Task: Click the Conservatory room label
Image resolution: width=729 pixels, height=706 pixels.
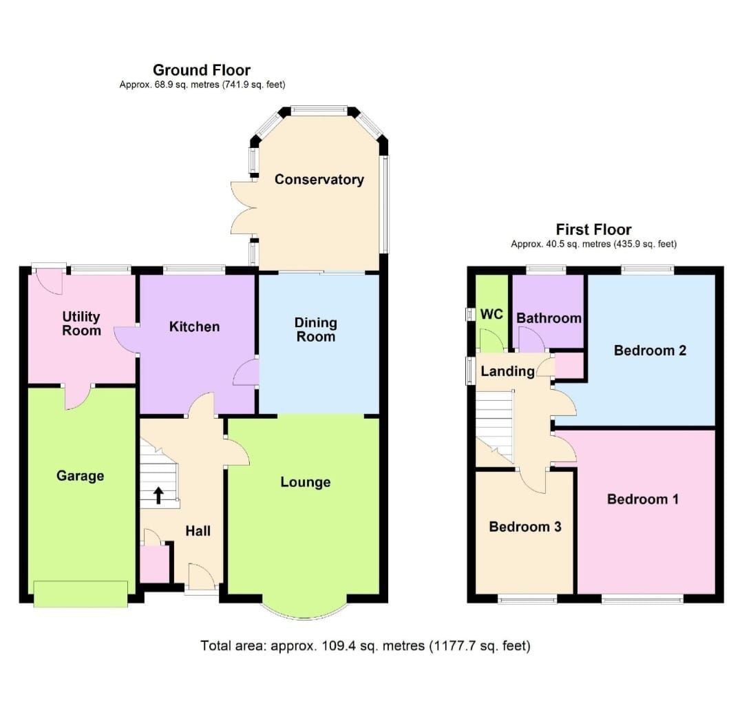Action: (x=319, y=180)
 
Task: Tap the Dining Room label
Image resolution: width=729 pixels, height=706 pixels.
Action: (x=315, y=329)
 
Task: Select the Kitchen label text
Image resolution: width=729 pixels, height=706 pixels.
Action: (x=194, y=326)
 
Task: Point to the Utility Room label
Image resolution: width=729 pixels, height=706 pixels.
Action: (x=81, y=324)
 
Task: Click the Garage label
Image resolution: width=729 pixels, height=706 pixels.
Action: (x=81, y=476)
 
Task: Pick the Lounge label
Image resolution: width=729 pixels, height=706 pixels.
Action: (x=305, y=482)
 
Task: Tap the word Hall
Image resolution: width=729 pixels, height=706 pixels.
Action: (x=198, y=531)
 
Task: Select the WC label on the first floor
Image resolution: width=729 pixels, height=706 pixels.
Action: (x=492, y=314)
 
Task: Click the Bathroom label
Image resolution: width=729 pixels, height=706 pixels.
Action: (x=549, y=318)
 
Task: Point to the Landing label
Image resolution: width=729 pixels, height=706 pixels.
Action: (x=507, y=372)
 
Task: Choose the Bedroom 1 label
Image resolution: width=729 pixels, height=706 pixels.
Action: (x=643, y=499)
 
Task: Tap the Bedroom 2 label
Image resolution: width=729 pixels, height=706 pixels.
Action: (x=650, y=351)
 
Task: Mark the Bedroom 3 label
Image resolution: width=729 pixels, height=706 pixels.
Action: (x=525, y=527)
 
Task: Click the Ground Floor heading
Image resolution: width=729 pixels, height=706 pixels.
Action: (x=202, y=70)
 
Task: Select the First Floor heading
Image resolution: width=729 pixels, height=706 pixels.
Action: (x=593, y=229)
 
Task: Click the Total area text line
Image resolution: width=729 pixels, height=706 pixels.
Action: (x=366, y=646)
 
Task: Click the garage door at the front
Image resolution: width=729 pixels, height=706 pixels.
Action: (x=81, y=594)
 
